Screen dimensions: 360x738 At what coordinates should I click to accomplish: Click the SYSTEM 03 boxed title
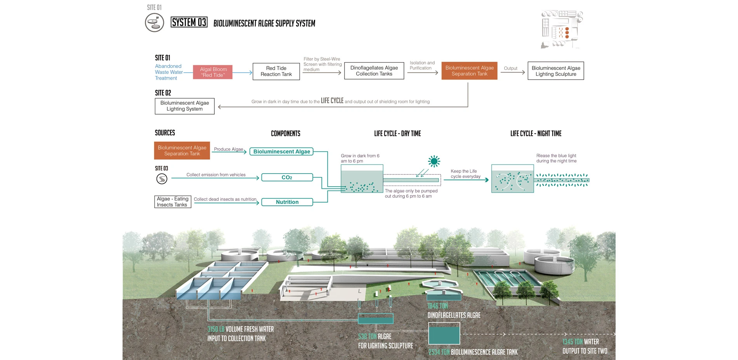coord(189,23)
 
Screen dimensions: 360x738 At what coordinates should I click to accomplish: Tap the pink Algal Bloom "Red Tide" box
coord(213,72)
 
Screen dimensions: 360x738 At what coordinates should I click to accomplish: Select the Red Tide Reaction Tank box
coord(276,71)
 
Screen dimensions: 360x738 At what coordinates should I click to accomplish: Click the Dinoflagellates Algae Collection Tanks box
coord(374,71)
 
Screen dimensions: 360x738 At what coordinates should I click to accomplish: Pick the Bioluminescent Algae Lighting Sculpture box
coord(555,71)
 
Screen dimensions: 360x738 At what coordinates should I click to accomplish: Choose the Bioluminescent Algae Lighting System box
coord(184,106)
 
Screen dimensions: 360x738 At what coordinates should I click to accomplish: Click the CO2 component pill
coord(287,177)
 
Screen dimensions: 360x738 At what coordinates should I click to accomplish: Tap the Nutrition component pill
coord(287,202)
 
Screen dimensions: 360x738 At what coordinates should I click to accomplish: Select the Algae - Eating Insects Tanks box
coord(172,202)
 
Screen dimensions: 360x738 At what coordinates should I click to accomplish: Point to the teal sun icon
coord(434,161)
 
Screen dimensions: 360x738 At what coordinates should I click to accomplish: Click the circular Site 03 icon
coord(162,179)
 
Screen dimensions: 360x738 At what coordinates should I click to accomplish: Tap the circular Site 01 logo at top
coord(154,23)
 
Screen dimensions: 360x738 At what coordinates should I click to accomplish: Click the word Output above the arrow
coord(510,68)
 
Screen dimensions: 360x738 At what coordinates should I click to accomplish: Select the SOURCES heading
coord(165,133)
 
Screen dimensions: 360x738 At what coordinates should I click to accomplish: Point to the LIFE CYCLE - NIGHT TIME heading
coord(536,134)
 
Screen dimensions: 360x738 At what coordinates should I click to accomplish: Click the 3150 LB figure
coord(216,329)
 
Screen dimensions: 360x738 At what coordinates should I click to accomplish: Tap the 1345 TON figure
coord(572,342)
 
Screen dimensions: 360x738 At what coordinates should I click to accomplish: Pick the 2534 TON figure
coord(439,352)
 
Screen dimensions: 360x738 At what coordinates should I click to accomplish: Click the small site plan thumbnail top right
coord(562,30)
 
